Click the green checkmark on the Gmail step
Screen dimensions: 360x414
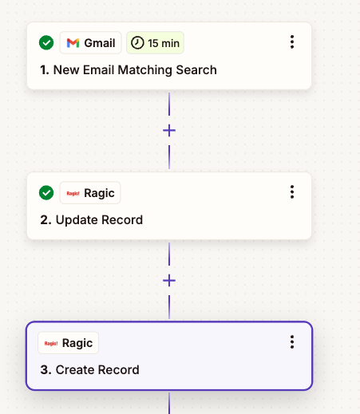coord(46,42)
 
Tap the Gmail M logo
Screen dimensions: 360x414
coord(73,43)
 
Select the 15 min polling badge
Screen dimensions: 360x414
coord(155,43)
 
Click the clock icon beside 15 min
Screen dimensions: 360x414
coord(137,43)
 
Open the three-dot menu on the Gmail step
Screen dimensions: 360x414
coord(292,41)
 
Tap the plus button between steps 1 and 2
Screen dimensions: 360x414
coord(169,131)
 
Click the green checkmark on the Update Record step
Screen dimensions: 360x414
coord(46,192)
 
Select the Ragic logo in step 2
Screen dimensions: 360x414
coord(73,193)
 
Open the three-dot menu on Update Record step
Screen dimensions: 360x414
coord(292,191)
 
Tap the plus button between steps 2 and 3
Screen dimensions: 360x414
coord(169,281)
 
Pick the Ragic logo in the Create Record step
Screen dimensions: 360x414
coord(51,343)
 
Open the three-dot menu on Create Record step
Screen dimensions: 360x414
coord(292,341)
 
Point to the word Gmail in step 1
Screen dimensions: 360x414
coord(100,43)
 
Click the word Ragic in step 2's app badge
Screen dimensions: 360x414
coord(99,193)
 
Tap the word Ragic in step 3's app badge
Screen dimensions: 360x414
coord(77,343)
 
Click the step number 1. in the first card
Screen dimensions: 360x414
coord(45,70)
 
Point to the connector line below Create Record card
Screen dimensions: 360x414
coord(169,402)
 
